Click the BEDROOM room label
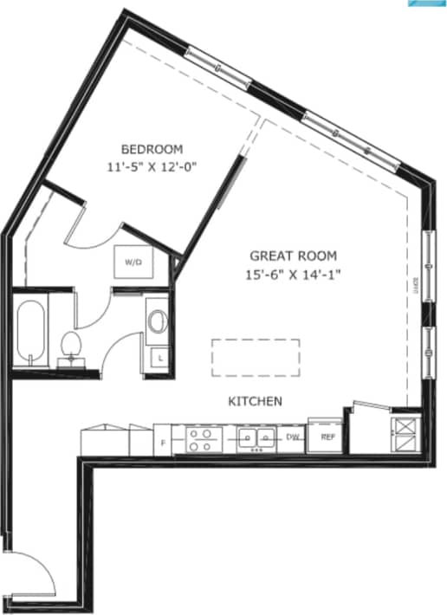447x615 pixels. pyautogui.click(x=152, y=148)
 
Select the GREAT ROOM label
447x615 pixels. pyautogui.click(x=292, y=256)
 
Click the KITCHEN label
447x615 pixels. pyautogui.click(x=256, y=401)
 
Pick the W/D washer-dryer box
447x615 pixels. pyautogui.click(x=133, y=261)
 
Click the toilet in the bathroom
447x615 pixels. pyautogui.click(x=71, y=346)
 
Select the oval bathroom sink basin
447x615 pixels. pyautogui.click(x=157, y=320)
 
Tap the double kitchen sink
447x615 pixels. pyautogui.click(x=257, y=438)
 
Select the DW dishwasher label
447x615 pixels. pyautogui.click(x=294, y=437)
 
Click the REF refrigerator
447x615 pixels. pyautogui.click(x=327, y=437)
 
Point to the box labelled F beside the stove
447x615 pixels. pyautogui.click(x=163, y=442)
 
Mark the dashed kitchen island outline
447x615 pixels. pyautogui.click(x=256, y=357)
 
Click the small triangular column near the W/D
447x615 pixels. pyautogui.click(x=176, y=262)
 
